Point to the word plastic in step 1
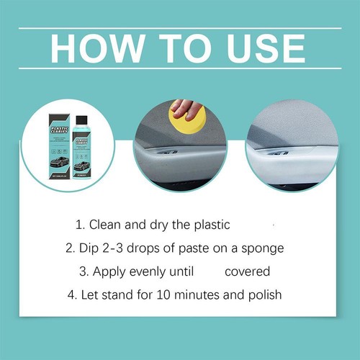click(210, 225)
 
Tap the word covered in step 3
click(247, 272)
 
